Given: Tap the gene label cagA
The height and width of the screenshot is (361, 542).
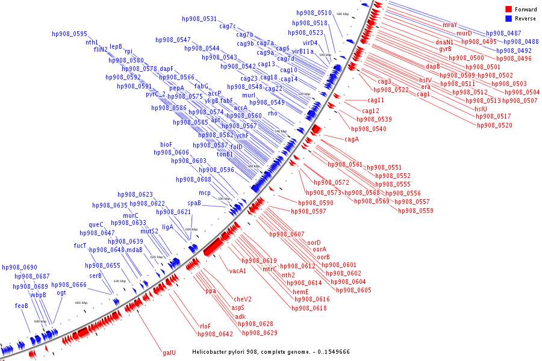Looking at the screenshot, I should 352,140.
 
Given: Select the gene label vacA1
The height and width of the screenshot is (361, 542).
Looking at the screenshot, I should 238,271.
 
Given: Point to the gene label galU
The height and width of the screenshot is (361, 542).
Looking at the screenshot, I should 169,353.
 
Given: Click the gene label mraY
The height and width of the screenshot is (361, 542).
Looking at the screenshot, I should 450,25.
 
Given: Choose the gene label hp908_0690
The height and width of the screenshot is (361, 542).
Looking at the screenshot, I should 19,267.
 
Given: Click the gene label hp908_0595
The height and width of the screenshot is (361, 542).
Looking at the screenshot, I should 70,34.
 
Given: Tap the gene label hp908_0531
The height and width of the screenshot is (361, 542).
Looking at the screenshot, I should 199,19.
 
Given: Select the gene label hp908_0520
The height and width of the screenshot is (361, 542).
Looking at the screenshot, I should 494,125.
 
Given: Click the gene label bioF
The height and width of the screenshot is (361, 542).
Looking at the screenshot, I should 166,144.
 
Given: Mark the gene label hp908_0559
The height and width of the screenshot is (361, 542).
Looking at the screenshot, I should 415,211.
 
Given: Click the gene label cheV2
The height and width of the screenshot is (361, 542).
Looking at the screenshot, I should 243,299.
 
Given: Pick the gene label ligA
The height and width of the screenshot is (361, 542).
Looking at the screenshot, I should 167,227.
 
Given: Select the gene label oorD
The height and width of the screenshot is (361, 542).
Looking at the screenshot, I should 314,242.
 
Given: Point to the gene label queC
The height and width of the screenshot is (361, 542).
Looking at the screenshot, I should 96,225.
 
